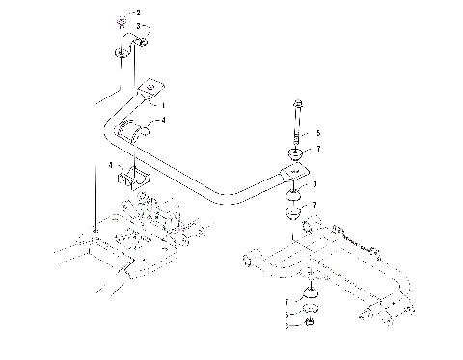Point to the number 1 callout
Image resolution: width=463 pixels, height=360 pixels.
[x=163, y=104]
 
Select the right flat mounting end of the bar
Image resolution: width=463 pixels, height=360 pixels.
[x=294, y=175]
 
